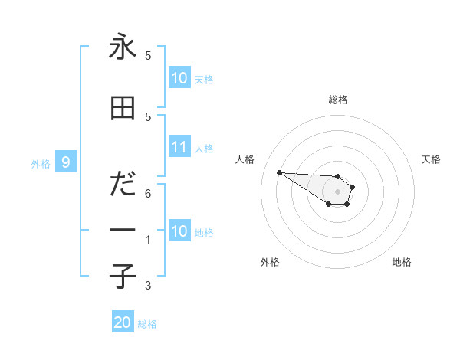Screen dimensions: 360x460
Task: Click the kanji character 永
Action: [122, 47]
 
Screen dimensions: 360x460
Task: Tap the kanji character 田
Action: [122, 110]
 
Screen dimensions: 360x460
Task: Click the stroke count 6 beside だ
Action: [148, 195]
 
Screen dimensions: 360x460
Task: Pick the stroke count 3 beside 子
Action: [148, 286]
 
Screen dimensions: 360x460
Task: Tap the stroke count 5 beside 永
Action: [148, 56]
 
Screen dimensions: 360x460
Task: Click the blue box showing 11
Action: [179, 147]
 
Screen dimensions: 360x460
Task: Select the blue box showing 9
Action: [66, 162]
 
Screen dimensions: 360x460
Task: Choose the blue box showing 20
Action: [123, 322]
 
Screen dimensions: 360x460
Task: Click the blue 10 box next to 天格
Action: [179, 77]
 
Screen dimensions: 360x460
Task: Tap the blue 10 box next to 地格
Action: [179, 231]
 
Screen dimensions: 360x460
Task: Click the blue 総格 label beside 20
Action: [147, 324]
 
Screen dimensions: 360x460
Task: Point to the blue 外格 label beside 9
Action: [40, 163]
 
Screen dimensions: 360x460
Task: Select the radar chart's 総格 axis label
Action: [337, 100]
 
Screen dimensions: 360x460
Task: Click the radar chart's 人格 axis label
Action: [245, 159]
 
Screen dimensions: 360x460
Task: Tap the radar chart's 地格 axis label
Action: [402, 262]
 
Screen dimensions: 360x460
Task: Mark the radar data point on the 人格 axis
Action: [279, 172]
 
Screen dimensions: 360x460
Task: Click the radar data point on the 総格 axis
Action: [337, 175]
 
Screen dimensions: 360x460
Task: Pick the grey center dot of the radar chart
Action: [337, 191]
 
